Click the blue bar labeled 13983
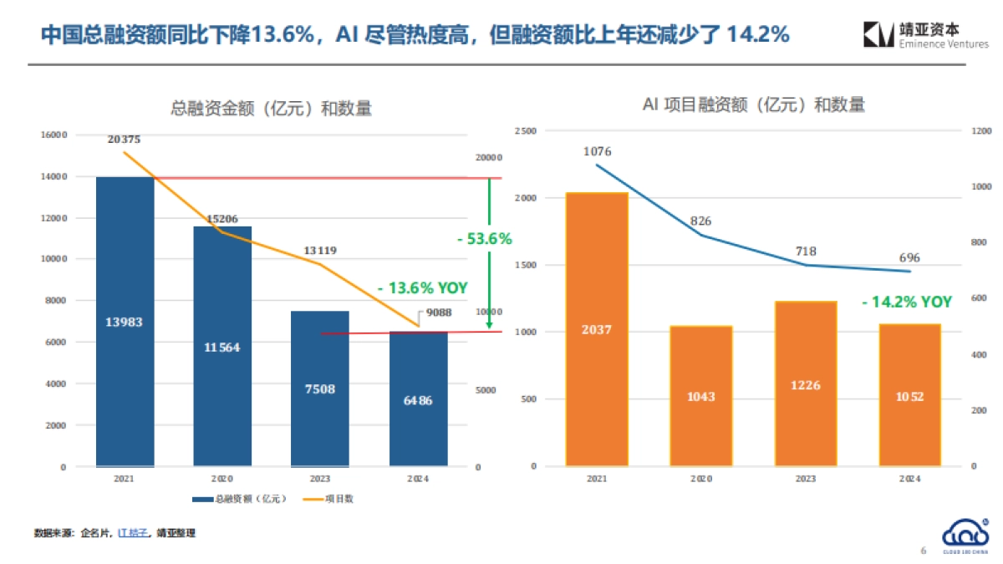pos(125,322)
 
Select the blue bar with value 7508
pos(320,389)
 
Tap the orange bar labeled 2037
pos(597,329)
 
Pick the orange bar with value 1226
pos(805,384)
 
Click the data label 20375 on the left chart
pos(125,140)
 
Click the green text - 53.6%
pos(484,239)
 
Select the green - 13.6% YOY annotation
pos(422,287)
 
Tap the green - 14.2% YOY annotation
pos(907,302)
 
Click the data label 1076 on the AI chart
pos(597,151)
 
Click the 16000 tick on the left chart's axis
pos(53,134)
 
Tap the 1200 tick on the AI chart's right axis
pos(980,131)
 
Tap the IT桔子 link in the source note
pos(132,532)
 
